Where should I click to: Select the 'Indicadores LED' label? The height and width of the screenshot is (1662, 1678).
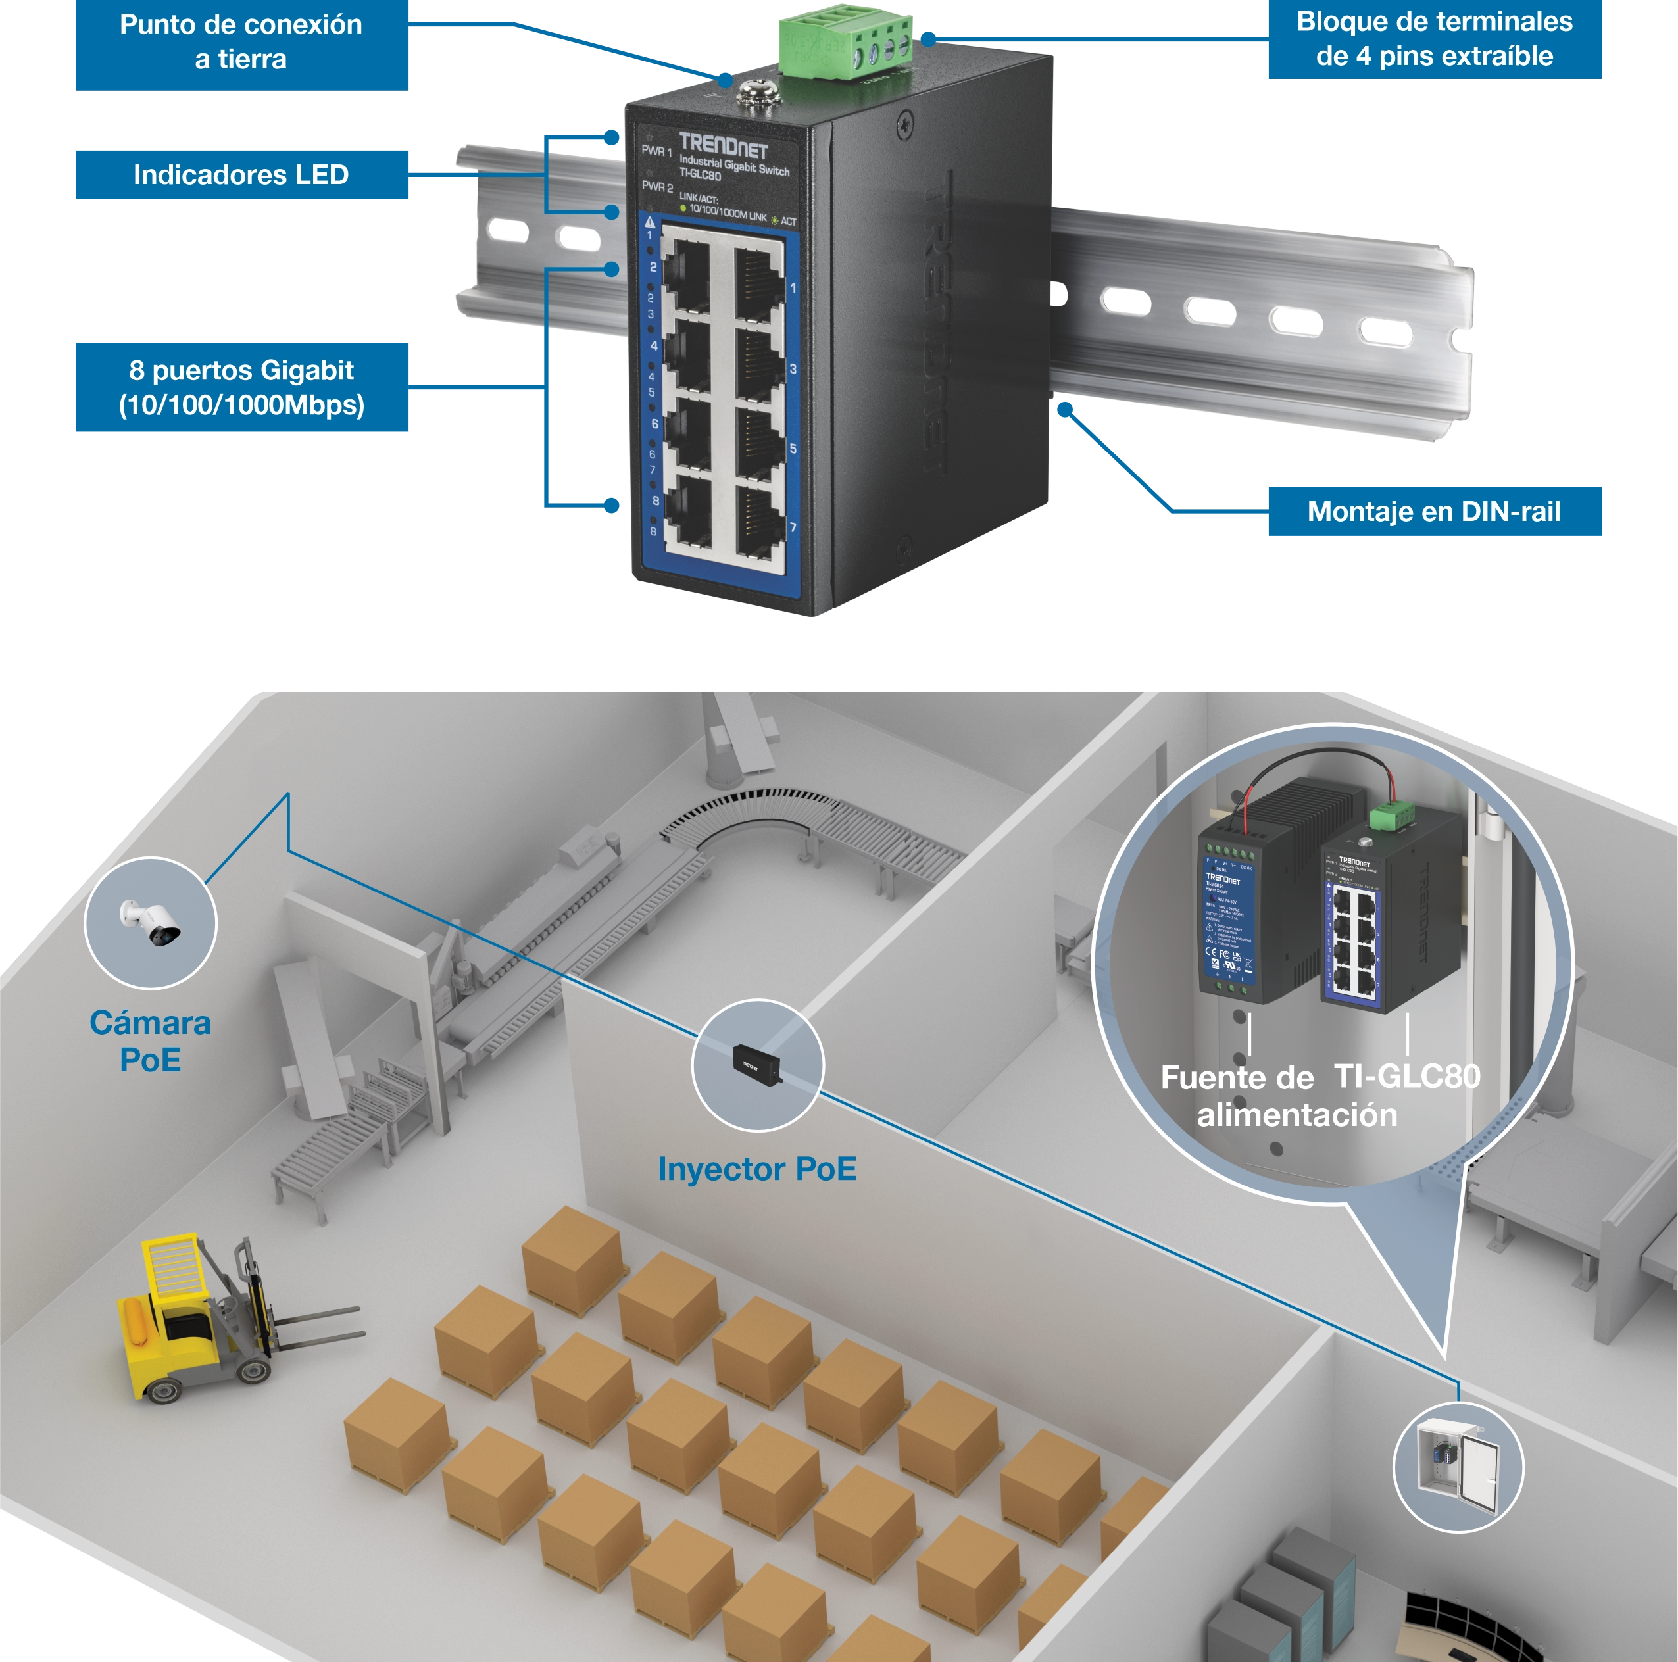[x=241, y=174]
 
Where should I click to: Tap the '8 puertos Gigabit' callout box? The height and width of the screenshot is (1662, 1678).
[x=241, y=388]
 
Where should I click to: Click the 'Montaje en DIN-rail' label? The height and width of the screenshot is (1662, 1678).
[x=1433, y=512]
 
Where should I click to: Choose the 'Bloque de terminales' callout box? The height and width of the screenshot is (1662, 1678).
[x=1434, y=39]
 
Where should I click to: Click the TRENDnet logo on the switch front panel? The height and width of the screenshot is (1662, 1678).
[x=723, y=145]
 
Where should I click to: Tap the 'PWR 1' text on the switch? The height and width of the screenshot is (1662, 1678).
[x=656, y=151]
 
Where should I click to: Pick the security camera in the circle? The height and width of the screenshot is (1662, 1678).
[x=151, y=923]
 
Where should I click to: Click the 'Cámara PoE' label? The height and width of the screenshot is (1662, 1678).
[x=150, y=1040]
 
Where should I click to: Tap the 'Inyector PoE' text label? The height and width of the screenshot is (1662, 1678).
[x=756, y=1169]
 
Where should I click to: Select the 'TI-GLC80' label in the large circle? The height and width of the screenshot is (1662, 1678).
[x=1407, y=1077]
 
